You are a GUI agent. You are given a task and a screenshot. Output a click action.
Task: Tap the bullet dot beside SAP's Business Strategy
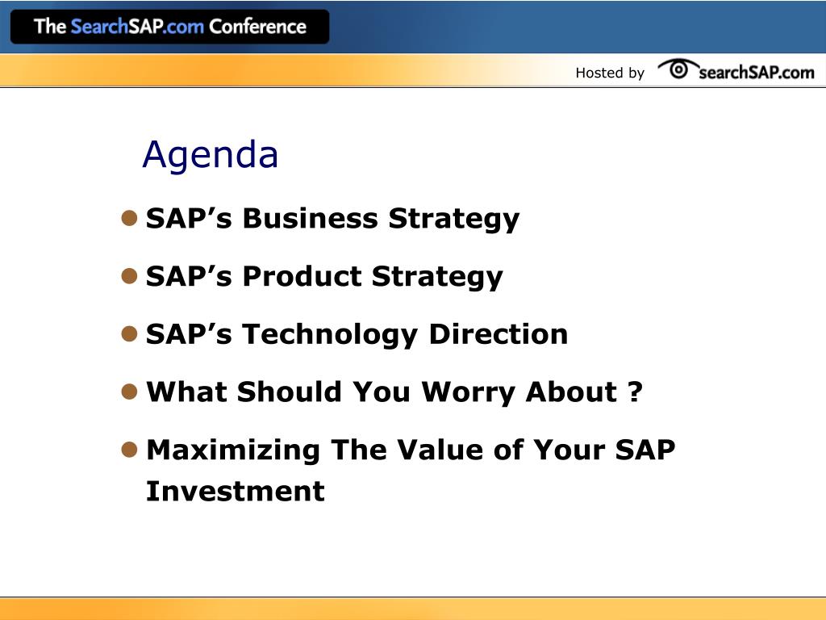[129, 218]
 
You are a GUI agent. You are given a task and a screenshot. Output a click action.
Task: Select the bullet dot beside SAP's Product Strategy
[129, 276]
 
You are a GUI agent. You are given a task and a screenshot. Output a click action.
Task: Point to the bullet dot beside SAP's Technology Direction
[129, 333]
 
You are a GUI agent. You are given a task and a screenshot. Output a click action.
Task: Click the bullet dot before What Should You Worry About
[129, 392]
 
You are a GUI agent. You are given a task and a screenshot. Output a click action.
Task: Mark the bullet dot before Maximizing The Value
[129, 450]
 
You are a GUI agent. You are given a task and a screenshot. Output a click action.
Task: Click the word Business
[311, 218]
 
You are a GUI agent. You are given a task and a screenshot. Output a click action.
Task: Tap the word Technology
[330, 335]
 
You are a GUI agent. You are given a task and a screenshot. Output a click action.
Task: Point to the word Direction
[499, 334]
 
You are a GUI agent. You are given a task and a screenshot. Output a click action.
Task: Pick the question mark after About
[636, 392]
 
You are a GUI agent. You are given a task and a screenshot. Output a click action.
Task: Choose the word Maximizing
[233, 450]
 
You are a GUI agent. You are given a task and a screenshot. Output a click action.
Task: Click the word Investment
[236, 492]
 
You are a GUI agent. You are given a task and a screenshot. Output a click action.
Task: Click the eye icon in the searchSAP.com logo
[678, 69]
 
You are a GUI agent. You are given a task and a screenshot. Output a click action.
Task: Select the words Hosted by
[610, 73]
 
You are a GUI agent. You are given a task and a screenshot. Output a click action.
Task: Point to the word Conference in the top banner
[257, 27]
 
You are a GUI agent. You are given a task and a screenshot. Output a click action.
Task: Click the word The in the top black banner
[50, 27]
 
